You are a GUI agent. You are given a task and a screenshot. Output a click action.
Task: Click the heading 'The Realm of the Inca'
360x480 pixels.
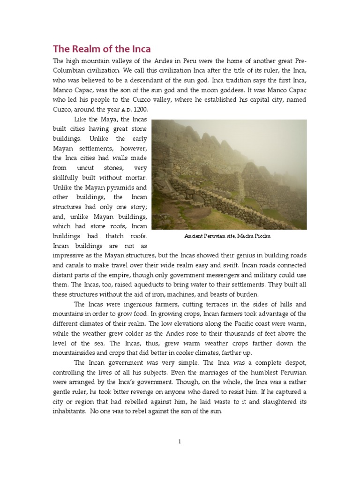point(102,49)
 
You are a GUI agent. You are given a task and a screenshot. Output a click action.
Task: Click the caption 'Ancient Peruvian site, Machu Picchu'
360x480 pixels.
point(227,237)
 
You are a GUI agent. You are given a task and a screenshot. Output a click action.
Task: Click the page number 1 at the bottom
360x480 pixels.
point(180,441)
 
